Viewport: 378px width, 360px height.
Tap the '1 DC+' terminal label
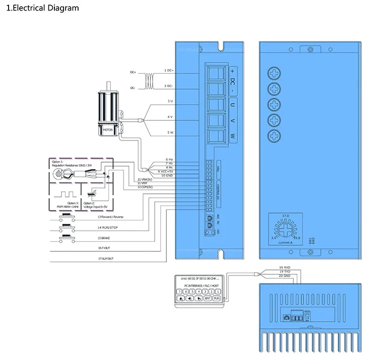click(169, 70)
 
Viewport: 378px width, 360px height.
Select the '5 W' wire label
click(170, 133)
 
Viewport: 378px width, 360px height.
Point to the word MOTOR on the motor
click(108, 129)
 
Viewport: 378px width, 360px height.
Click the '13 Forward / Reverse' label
click(110, 217)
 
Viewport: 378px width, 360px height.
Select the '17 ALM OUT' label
click(106, 258)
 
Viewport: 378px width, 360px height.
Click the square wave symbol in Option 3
click(65, 194)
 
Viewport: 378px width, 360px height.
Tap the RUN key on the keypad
click(217, 298)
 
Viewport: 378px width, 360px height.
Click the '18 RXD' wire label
click(285, 268)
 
